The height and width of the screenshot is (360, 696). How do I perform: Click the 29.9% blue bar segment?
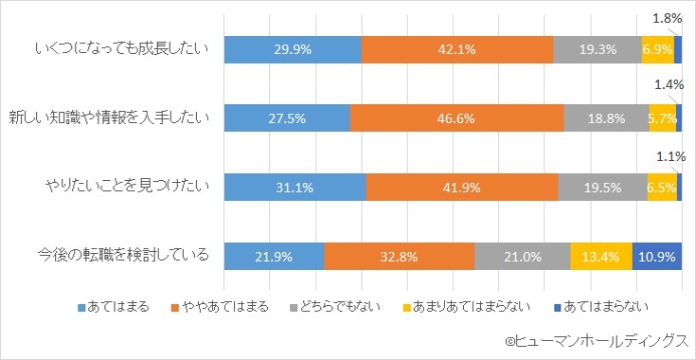click(x=293, y=48)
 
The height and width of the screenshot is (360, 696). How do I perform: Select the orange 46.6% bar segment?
click(x=456, y=118)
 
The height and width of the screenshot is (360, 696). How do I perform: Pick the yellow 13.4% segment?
click(x=601, y=256)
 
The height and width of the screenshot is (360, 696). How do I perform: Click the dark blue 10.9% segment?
click(x=656, y=256)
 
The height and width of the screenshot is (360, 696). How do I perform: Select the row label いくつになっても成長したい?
click(x=120, y=48)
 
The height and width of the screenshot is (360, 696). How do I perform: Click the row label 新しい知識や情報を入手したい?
click(x=111, y=118)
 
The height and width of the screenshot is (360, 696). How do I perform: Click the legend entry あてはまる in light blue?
click(x=117, y=306)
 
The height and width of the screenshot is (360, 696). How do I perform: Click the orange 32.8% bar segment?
click(x=399, y=256)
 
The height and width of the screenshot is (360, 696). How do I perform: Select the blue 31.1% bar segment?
click(x=294, y=188)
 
